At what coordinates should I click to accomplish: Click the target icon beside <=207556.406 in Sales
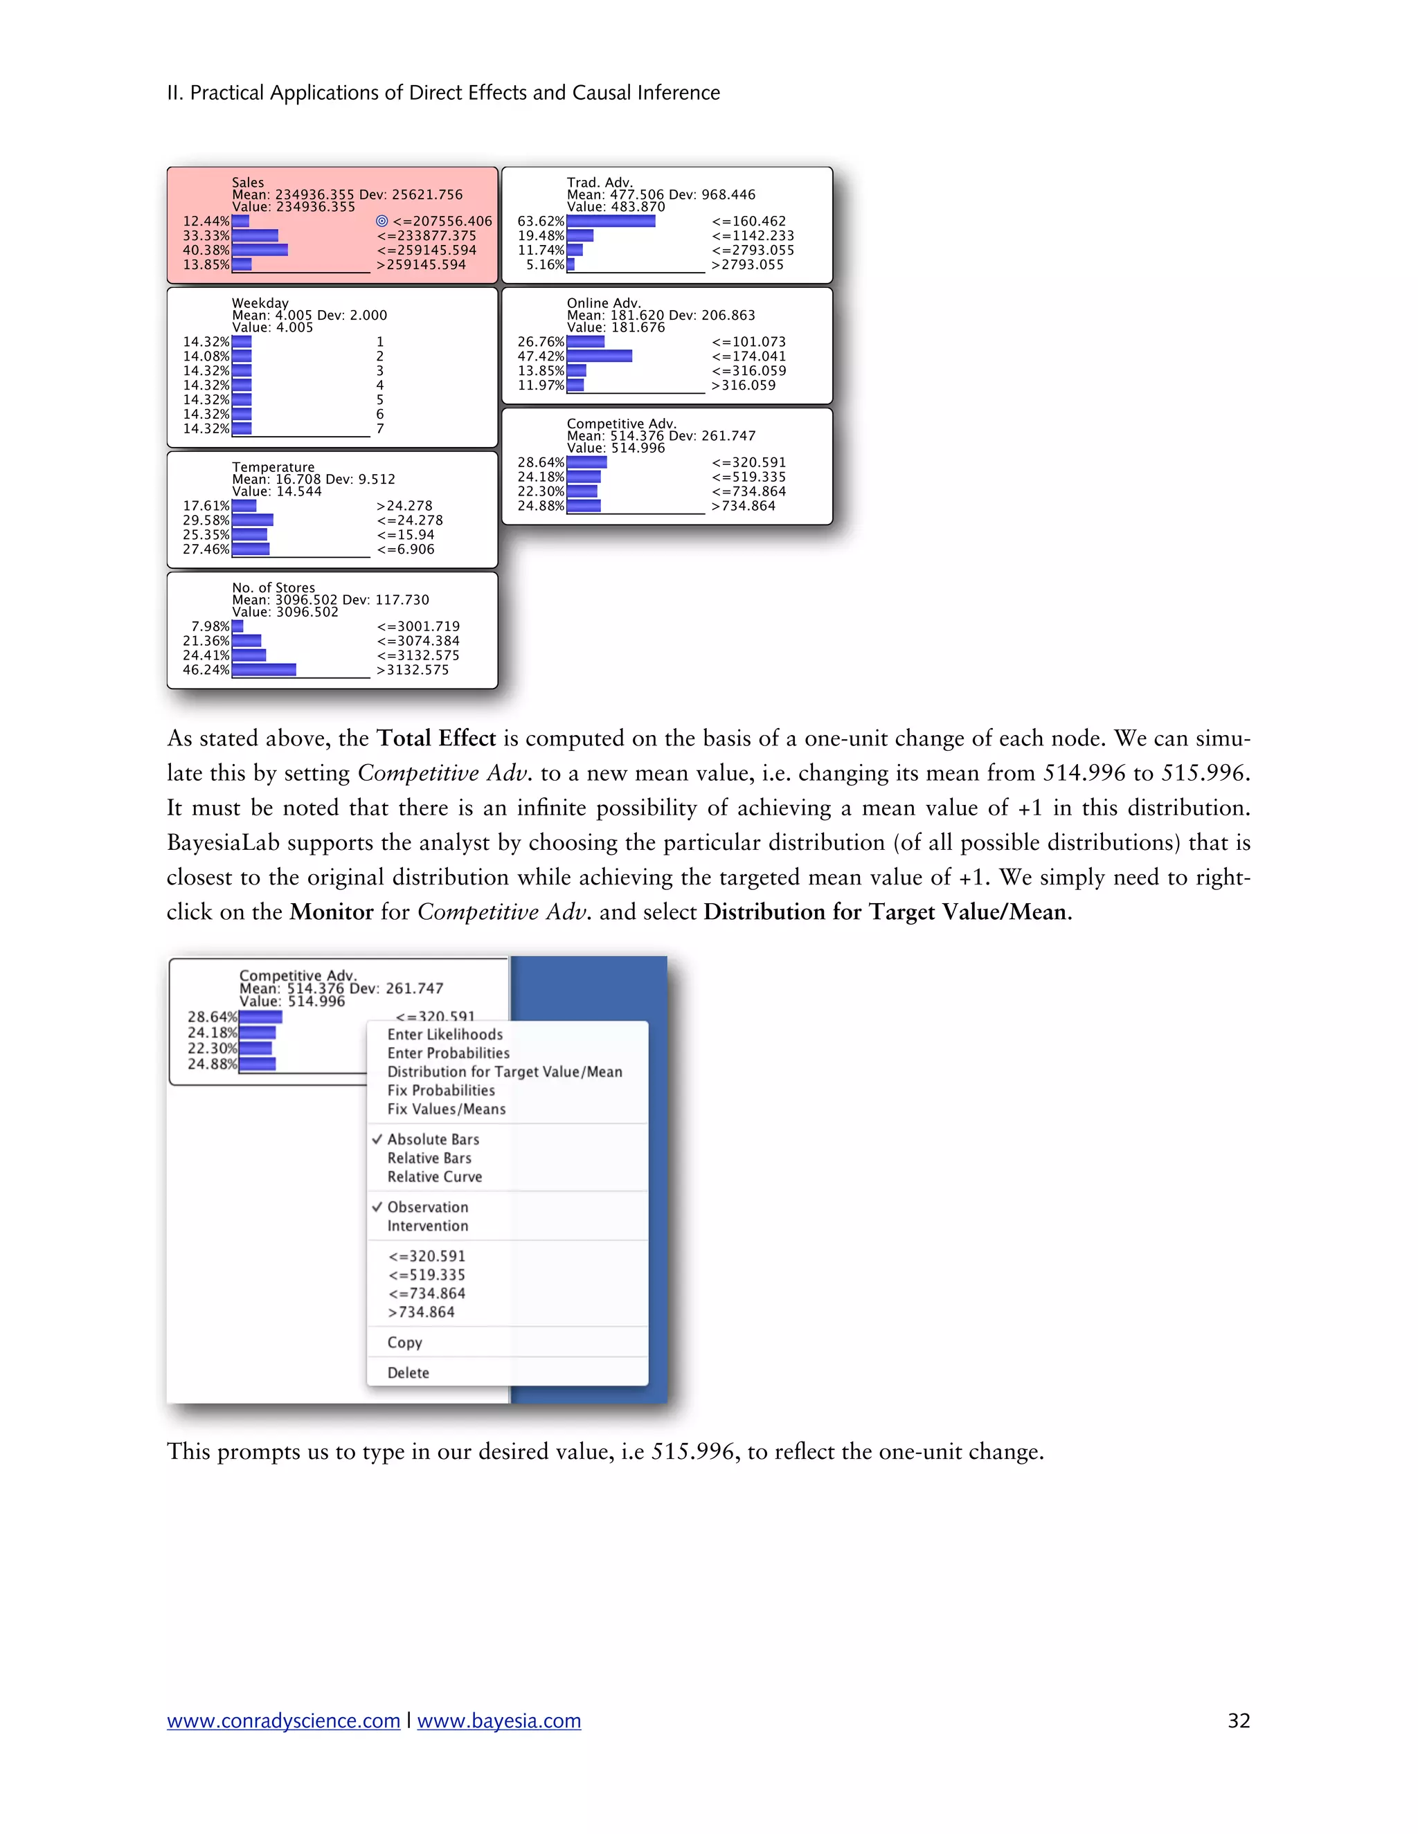[382, 221]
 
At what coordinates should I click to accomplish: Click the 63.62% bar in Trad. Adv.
[611, 221]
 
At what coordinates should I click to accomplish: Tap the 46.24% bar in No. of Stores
[264, 670]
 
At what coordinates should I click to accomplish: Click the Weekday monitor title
[260, 303]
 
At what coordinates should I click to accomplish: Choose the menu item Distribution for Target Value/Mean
[504, 1072]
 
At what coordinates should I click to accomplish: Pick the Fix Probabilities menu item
[440, 1091]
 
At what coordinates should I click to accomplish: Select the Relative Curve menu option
[434, 1177]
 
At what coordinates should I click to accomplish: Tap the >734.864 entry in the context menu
[421, 1312]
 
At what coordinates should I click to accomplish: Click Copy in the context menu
[404, 1343]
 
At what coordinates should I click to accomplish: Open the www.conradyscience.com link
[283, 1720]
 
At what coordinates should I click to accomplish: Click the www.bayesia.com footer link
[499, 1720]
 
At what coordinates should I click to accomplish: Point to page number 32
[1238, 1720]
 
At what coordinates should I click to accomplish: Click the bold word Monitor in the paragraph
[331, 913]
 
